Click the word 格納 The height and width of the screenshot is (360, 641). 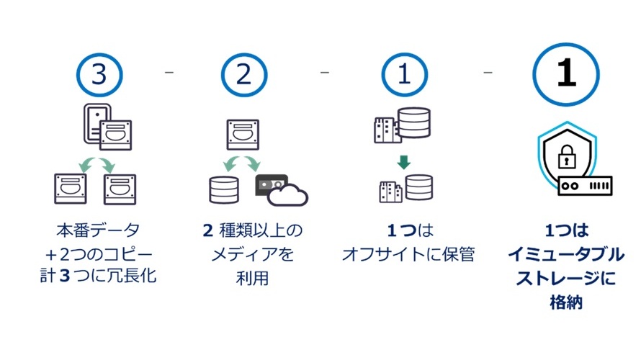coord(565,302)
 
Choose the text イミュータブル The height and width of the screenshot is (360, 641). coord(565,254)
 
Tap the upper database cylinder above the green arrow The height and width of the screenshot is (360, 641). coord(416,123)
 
